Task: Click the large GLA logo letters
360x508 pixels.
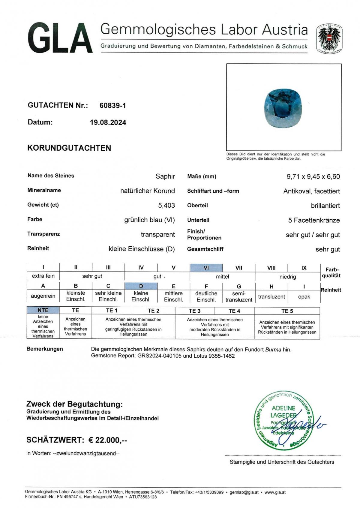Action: point(60,38)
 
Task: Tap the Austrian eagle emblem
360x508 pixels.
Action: point(329,38)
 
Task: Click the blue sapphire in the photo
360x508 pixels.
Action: point(283,108)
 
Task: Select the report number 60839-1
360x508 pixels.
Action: point(112,105)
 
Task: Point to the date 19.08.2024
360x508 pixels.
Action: point(108,122)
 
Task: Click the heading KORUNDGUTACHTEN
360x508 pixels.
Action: point(69,148)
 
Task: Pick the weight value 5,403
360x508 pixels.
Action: point(166,206)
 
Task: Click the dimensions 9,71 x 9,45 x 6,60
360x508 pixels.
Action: point(313,176)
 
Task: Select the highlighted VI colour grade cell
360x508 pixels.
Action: point(206,268)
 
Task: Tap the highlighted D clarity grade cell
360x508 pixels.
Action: point(141,286)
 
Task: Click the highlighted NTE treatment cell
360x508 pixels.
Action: point(43,310)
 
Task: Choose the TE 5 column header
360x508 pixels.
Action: point(287,311)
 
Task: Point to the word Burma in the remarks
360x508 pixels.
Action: point(273,350)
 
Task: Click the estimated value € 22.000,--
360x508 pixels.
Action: point(108,440)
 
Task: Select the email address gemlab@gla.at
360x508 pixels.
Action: point(244,492)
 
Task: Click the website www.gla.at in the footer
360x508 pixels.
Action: point(275,492)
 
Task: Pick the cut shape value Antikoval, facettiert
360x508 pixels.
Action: point(311,191)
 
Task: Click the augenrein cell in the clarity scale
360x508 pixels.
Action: point(43,296)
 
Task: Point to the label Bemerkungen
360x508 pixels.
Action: point(45,349)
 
